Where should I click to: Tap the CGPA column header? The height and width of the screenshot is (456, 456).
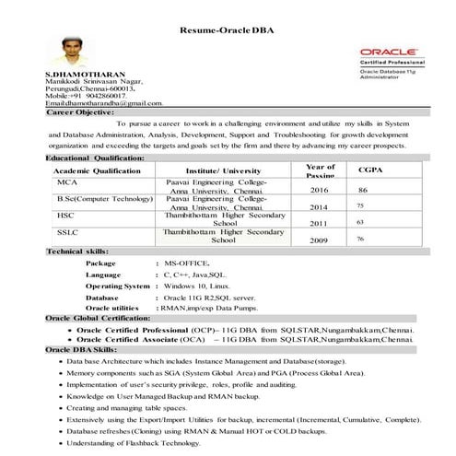370,170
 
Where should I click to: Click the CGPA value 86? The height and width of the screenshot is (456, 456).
363,189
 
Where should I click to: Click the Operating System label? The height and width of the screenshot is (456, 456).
117,286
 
